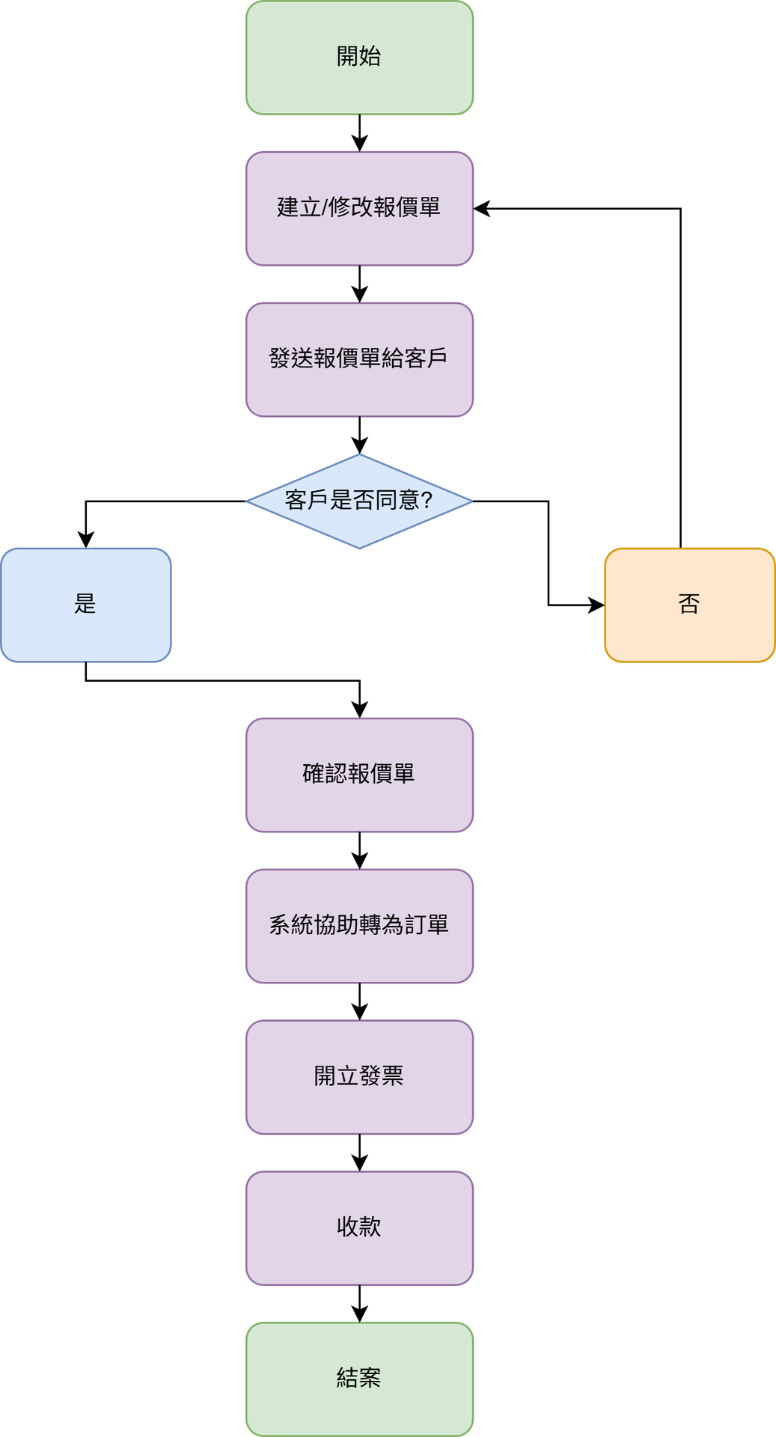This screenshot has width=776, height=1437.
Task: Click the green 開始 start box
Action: click(359, 58)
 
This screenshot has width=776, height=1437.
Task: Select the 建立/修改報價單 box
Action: click(359, 209)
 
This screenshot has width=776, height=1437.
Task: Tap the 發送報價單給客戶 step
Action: click(359, 359)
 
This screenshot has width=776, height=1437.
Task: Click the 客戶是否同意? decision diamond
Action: click(359, 501)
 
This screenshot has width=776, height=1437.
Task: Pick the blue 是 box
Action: click(86, 605)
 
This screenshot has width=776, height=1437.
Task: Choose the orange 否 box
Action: click(689, 605)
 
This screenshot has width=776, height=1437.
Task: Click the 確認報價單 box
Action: click(359, 775)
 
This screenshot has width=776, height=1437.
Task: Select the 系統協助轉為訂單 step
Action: click(359, 926)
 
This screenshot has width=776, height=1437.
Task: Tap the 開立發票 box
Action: click(359, 1077)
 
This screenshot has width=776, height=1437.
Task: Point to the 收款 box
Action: click(359, 1228)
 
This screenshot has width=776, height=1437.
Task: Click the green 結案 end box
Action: click(359, 1379)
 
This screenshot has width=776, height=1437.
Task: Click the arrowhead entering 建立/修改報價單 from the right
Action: click(481, 209)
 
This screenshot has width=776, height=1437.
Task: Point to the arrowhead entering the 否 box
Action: click(597, 605)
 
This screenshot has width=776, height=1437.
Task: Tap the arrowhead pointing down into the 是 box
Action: click(86, 540)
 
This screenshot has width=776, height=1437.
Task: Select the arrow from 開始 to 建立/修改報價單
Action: click(360, 132)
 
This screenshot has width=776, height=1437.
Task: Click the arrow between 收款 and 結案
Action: click(360, 1303)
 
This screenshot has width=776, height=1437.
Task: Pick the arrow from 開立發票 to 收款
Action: click(360, 1152)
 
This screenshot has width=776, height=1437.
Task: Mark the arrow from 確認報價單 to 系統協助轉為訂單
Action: click(360, 850)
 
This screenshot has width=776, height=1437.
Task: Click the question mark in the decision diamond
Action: click(427, 500)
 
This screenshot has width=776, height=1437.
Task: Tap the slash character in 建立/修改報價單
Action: click(326, 207)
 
